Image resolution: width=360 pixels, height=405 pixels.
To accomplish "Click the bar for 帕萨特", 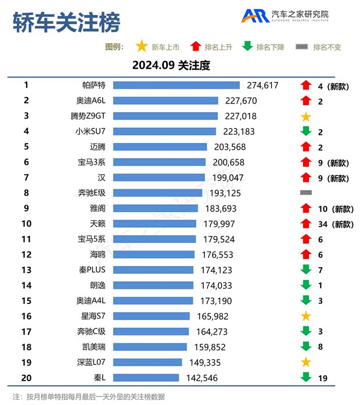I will (x=176, y=85).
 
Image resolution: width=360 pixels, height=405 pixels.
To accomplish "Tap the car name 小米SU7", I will (x=91, y=131).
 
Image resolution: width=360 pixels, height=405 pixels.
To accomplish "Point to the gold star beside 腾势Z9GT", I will (x=306, y=117).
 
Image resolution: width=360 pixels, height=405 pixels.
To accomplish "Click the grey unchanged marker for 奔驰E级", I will (x=306, y=192).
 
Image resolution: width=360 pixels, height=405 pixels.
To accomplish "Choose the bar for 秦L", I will (x=146, y=378).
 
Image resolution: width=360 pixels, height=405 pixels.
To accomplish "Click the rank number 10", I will (x=26, y=224).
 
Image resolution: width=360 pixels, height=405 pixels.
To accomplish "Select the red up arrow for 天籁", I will (x=306, y=224).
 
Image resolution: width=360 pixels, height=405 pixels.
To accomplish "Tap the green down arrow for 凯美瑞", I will (x=306, y=347).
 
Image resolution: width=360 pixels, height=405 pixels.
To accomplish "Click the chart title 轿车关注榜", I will (x=66, y=23).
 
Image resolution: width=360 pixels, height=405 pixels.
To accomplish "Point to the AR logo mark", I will (x=254, y=16).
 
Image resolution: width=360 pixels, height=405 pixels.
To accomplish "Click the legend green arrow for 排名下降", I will (x=247, y=47).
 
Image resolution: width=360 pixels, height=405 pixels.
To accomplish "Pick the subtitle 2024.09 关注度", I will (x=171, y=65).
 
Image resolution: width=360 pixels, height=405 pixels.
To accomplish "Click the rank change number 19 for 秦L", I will (x=323, y=378).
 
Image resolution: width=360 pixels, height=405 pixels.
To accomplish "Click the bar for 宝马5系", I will (x=154, y=239).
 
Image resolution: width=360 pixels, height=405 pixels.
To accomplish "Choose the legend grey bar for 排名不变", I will (x=302, y=47).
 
